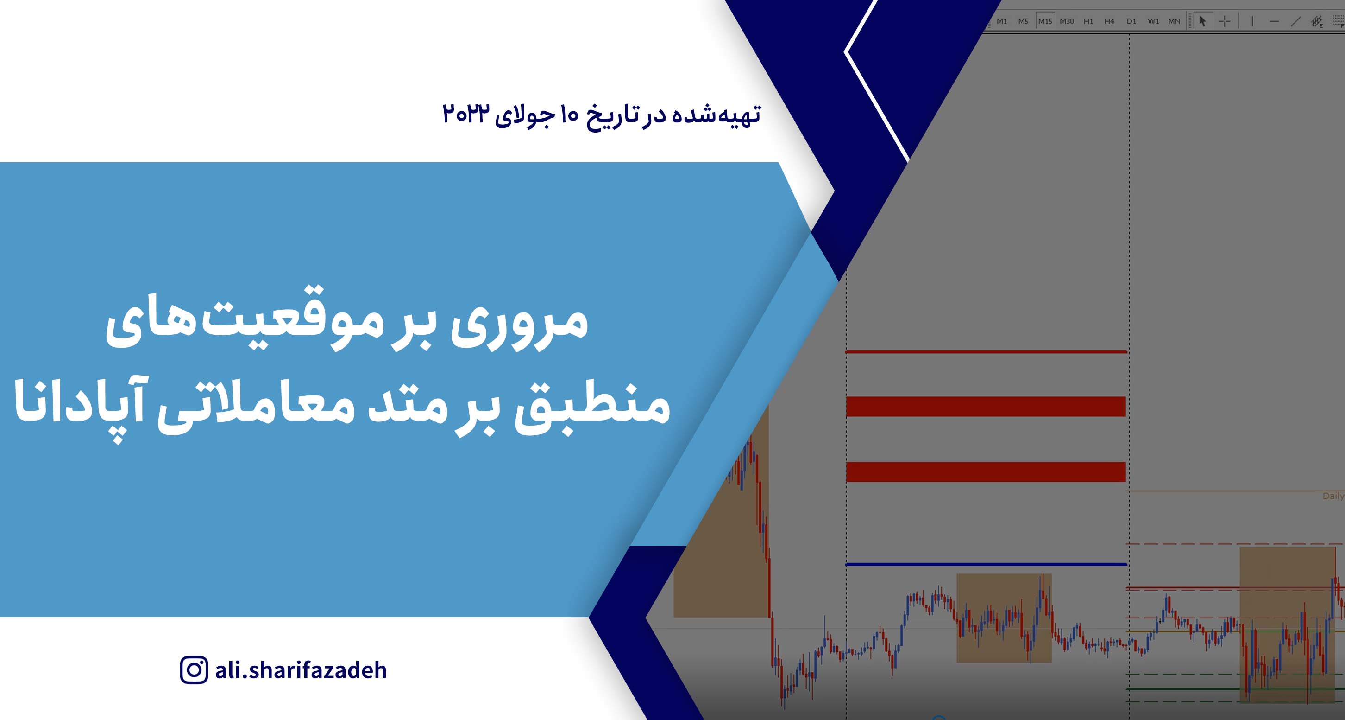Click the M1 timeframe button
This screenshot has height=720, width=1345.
pyautogui.click(x=1001, y=21)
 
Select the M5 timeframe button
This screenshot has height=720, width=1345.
pyautogui.click(x=1023, y=21)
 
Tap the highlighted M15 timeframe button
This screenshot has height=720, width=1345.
pyautogui.click(x=1045, y=21)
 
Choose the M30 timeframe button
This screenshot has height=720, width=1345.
pyautogui.click(x=1067, y=21)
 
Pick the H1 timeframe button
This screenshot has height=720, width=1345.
pyautogui.click(x=1088, y=21)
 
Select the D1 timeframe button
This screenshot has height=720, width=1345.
pyautogui.click(x=1131, y=21)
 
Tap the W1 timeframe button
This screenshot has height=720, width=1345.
pyautogui.click(x=1153, y=21)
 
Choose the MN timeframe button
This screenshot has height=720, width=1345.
pyautogui.click(x=1174, y=21)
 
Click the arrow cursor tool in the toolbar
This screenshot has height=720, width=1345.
pyautogui.click(x=1202, y=21)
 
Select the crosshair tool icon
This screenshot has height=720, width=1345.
pyautogui.click(x=1225, y=21)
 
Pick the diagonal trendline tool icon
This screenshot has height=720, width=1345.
pyautogui.click(x=1295, y=21)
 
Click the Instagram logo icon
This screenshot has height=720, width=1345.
pyautogui.click(x=194, y=670)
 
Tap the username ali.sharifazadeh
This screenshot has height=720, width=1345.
pyautogui.click(x=301, y=670)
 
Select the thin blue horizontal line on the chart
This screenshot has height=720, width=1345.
pyautogui.click(x=987, y=564)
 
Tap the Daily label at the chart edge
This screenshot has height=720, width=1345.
pyautogui.click(x=1333, y=496)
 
